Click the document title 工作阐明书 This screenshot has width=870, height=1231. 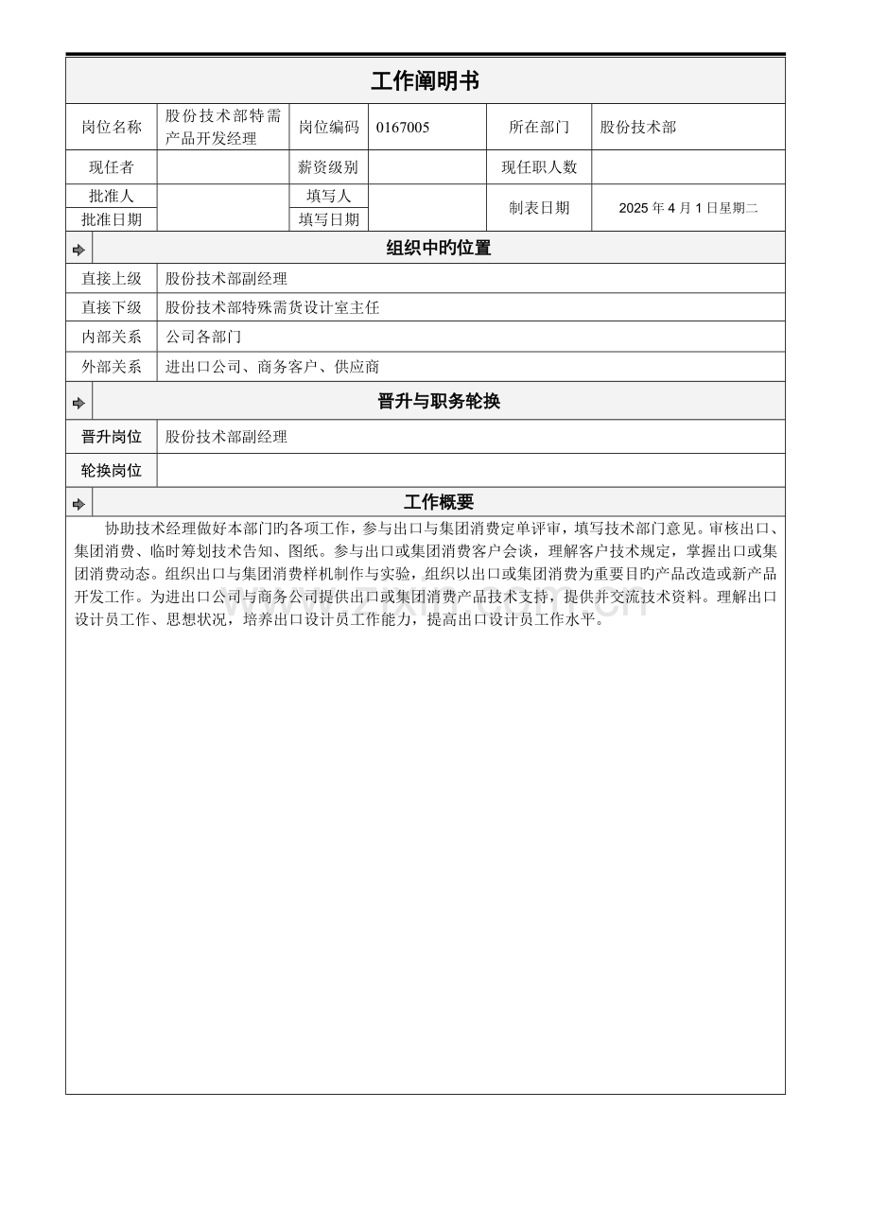click(x=425, y=81)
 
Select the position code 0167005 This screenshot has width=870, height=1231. click(x=403, y=128)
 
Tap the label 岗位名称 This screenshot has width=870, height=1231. click(x=112, y=128)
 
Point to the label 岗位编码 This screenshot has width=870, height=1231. click(x=329, y=128)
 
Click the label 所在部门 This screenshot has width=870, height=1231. click(x=539, y=128)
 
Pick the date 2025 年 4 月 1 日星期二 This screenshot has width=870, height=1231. click(x=688, y=208)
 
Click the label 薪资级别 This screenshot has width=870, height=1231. click(x=328, y=167)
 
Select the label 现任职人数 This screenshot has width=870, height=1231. click(x=539, y=167)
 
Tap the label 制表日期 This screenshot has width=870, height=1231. click(x=539, y=208)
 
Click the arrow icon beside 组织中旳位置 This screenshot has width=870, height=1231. click(x=79, y=250)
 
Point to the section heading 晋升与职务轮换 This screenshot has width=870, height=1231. click(x=439, y=401)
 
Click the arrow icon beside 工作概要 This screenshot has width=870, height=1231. click(x=79, y=504)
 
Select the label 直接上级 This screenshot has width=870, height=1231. click(x=112, y=279)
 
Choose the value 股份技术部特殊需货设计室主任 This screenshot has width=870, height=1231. click(x=272, y=307)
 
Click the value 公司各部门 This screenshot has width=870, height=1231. click(x=203, y=337)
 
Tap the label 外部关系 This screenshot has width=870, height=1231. click(x=112, y=367)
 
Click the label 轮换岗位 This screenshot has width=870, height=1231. click(x=112, y=471)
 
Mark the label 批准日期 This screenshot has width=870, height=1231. click(x=112, y=219)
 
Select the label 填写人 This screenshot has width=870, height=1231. click(x=328, y=197)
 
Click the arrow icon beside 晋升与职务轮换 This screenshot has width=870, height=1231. click(x=79, y=403)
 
